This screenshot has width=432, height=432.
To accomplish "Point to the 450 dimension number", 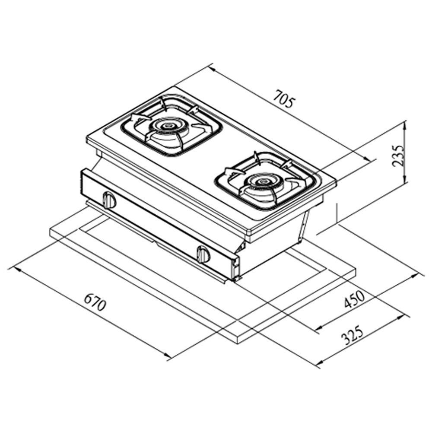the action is [x=355, y=299].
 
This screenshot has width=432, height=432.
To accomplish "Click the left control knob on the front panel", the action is [x=109, y=200].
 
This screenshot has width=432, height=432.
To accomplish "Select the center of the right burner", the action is [x=261, y=181].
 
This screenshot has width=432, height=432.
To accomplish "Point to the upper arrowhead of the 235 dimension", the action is [x=405, y=126].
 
